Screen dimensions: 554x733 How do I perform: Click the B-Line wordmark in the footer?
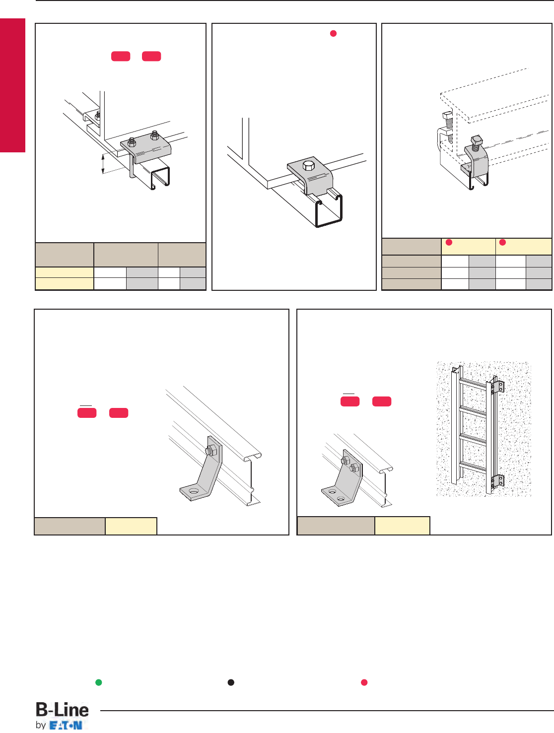click(62, 710)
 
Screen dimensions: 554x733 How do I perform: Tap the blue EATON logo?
click(66, 726)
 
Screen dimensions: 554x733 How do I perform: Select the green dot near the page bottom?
click(98, 682)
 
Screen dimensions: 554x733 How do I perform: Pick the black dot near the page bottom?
click(231, 682)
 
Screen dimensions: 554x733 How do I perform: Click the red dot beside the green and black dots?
click(364, 682)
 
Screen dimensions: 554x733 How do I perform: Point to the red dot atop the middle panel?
click(333, 33)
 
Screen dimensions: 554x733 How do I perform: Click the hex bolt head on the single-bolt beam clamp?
click(308, 166)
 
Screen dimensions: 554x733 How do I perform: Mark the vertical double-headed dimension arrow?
click(103, 164)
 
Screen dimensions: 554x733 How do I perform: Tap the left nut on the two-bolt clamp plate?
click(132, 142)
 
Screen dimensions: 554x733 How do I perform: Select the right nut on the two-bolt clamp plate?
click(154, 135)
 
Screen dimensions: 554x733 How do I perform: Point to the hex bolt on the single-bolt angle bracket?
click(211, 451)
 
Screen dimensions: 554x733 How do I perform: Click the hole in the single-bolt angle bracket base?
click(193, 491)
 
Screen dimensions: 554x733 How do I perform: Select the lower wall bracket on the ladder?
click(497, 481)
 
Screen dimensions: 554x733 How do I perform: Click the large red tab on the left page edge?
click(13, 85)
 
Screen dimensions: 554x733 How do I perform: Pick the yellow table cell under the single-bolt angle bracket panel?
click(131, 526)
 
